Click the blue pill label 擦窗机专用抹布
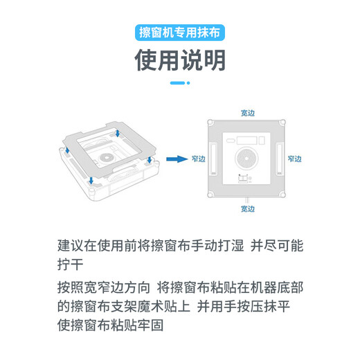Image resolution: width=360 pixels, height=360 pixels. [x=180, y=33]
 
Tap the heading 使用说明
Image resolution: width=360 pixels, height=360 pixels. [x=180, y=61]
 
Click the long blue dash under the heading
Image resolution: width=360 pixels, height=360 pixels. [x=177, y=82]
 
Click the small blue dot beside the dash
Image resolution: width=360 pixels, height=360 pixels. [x=188, y=82]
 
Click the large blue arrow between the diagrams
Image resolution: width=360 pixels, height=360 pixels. [x=179, y=158]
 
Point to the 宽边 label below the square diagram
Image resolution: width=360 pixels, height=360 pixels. [x=247, y=208]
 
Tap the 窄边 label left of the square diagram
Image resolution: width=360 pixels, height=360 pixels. [x=199, y=159]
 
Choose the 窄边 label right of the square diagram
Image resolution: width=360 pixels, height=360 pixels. [x=294, y=159]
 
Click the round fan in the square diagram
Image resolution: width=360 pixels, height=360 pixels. [x=248, y=158]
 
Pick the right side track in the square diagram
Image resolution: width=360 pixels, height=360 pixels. [x=279, y=158]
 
